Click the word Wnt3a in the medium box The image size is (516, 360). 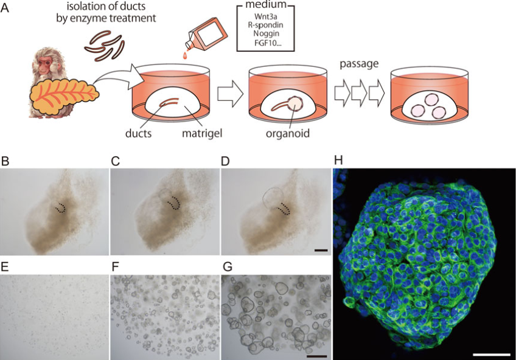[265, 16]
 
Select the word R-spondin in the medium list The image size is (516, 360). [265, 25]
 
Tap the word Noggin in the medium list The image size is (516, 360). [267, 33]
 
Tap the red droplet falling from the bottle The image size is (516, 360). [187, 56]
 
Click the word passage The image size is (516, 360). [359, 64]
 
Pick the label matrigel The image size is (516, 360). [202, 133]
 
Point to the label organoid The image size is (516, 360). [288, 133]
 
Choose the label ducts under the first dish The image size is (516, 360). [139, 133]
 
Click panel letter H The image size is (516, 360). [338, 160]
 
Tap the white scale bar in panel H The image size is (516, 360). [491, 355]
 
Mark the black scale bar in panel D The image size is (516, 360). [321, 251]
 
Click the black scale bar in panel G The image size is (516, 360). [316, 356]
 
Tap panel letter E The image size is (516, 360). [5, 267]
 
